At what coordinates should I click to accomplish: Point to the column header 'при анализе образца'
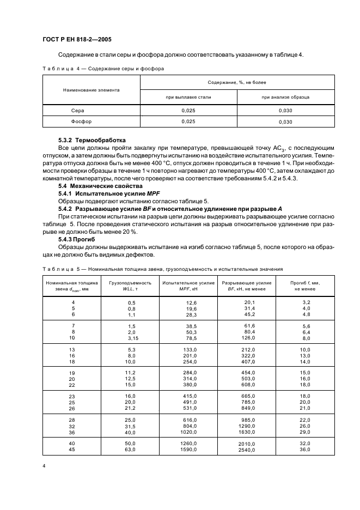[285, 97]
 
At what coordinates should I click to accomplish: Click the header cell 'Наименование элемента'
[91, 89]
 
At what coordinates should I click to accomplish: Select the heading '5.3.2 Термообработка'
[91, 139]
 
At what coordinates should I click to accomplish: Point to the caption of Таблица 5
[162, 269]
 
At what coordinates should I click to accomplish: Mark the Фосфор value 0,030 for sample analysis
[285, 122]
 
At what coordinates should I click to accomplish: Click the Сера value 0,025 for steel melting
[188, 110]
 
